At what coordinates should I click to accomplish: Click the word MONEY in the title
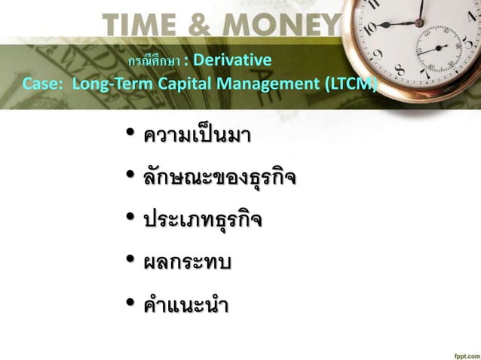[287, 26]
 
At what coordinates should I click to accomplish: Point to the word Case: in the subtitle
[44, 83]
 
